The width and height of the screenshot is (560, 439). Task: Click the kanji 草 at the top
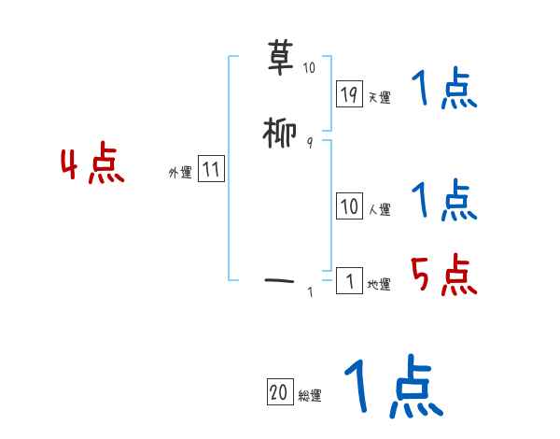click(x=281, y=58)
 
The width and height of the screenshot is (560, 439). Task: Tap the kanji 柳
click(x=281, y=135)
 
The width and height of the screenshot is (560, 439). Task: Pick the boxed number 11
click(x=211, y=170)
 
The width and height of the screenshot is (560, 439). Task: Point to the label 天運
click(x=380, y=97)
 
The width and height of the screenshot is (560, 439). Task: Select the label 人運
click(x=380, y=210)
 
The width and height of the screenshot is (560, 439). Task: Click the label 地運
click(x=380, y=285)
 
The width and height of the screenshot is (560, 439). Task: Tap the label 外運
click(x=180, y=173)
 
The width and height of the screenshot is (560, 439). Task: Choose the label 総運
click(x=310, y=396)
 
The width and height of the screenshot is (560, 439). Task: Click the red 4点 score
click(x=91, y=166)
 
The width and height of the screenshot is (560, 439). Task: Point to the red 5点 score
click(x=443, y=275)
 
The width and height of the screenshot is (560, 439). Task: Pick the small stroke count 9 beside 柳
click(x=309, y=142)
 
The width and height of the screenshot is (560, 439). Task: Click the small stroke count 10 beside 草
click(x=309, y=67)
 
